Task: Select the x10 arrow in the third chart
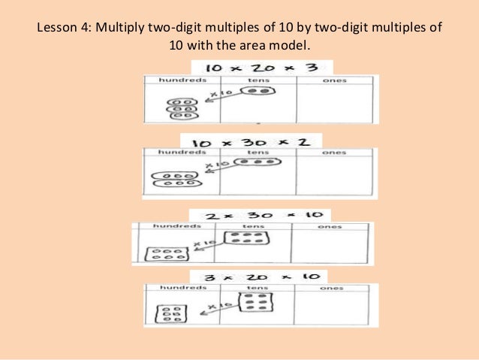point(206,246)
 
